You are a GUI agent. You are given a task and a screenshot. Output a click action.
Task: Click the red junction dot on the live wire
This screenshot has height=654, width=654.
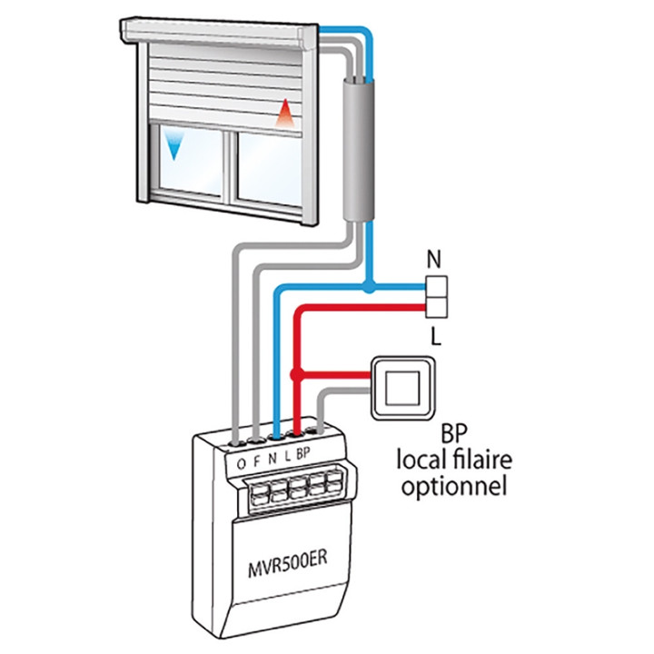294,374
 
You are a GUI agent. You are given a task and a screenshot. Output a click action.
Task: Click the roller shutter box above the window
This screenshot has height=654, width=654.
218,35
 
